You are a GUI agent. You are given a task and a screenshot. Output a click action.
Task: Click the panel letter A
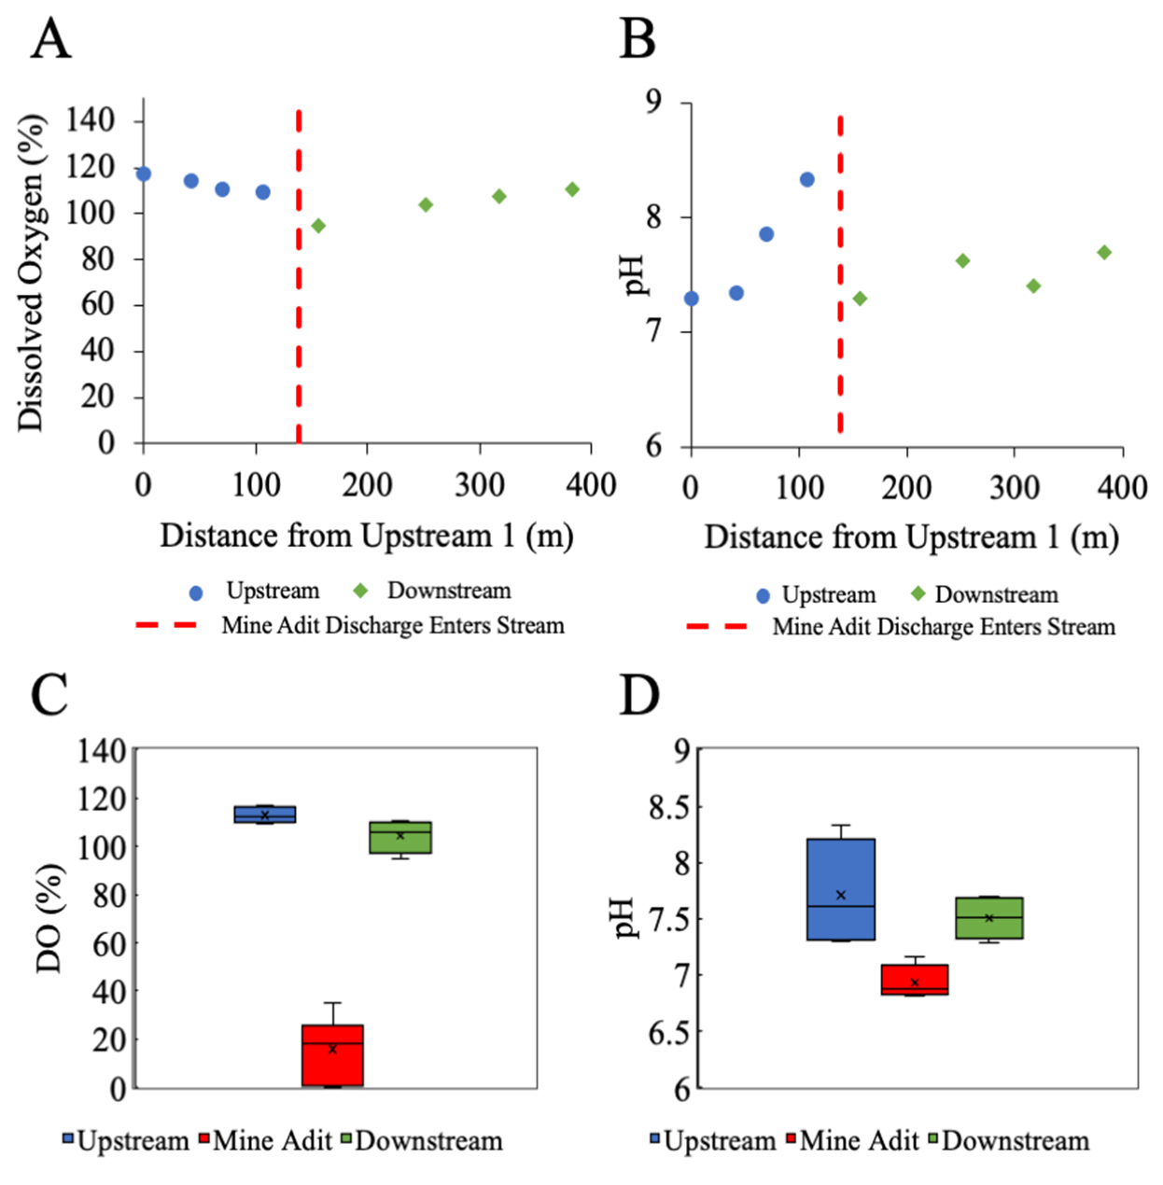(50, 40)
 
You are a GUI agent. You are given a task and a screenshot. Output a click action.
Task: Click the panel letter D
(639, 696)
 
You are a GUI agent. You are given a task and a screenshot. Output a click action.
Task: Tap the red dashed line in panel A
(299, 280)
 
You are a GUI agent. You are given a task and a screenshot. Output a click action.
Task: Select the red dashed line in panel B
(840, 280)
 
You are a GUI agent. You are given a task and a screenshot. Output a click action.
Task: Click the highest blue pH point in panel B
(807, 179)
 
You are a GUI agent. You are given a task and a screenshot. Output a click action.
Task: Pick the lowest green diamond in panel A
(318, 226)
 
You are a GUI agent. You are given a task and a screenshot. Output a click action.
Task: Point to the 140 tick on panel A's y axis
(91, 120)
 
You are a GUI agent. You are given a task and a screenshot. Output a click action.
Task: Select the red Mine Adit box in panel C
(332, 1055)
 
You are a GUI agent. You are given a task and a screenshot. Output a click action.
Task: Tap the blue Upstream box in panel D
(841, 889)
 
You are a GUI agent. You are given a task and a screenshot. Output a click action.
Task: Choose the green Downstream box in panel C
(400, 837)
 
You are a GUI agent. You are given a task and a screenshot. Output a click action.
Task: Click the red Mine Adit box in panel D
(915, 980)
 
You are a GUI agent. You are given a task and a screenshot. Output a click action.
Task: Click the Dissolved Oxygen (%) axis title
(31, 272)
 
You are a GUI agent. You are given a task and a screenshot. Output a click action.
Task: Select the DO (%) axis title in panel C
(49, 918)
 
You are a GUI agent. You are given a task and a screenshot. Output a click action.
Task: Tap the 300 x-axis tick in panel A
(479, 485)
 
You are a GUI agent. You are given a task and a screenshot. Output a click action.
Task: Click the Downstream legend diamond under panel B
(918, 594)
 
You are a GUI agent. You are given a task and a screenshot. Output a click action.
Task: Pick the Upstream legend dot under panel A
(196, 592)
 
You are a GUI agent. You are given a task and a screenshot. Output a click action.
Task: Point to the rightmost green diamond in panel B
(1104, 253)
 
